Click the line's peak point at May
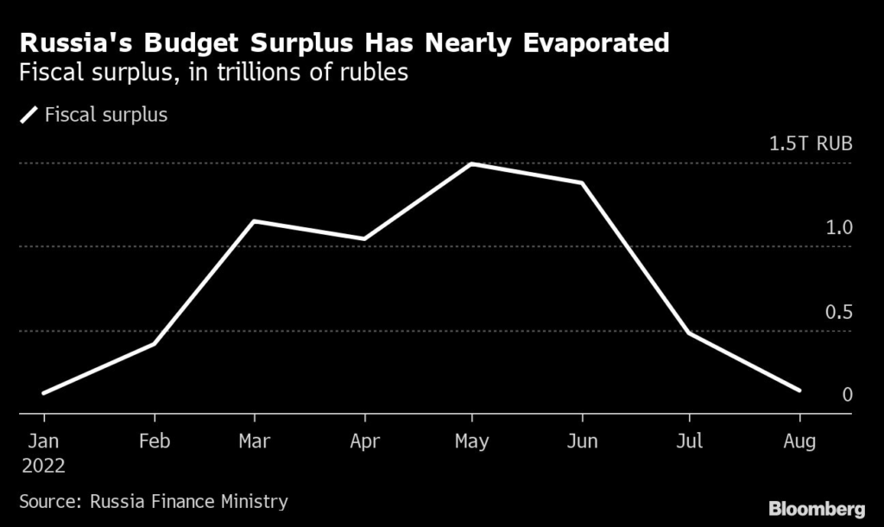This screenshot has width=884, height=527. (471, 163)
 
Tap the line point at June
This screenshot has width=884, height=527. (582, 183)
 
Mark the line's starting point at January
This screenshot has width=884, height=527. (43, 393)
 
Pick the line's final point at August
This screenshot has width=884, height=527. (799, 390)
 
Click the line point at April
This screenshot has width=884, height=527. (364, 239)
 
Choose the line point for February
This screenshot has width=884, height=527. (154, 344)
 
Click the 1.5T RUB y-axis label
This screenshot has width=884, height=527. (810, 143)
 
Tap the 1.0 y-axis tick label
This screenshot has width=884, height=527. (838, 228)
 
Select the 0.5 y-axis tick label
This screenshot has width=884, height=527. (838, 312)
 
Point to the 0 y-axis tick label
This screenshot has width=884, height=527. (847, 395)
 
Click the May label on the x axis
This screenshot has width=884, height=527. (471, 441)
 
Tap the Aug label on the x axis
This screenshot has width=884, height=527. (799, 441)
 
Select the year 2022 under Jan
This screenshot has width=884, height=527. (43, 465)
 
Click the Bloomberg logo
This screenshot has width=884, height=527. (817, 507)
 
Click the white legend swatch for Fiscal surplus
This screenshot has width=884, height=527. (29, 114)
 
